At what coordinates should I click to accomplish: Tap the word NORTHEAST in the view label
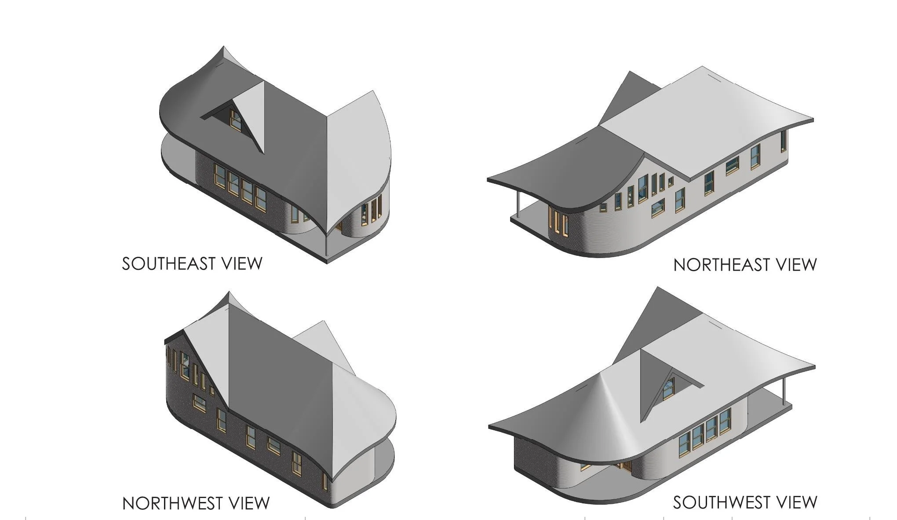click(x=722, y=265)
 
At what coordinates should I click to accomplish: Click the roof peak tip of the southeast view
click(x=223, y=47)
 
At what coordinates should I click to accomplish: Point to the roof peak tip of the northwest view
click(x=229, y=293)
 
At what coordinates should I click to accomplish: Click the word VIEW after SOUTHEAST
click(x=241, y=264)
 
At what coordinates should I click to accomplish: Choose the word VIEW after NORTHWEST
click(x=248, y=503)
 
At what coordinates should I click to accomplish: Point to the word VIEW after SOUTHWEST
click(x=796, y=502)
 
